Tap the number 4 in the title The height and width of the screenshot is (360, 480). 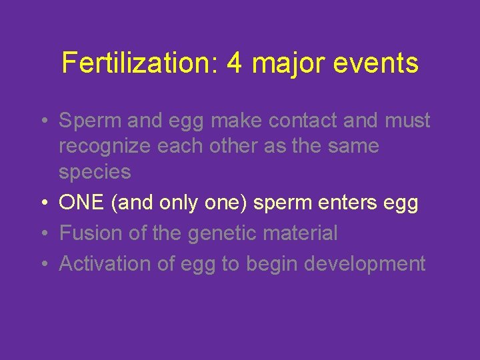(234, 63)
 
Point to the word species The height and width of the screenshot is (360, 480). (95, 173)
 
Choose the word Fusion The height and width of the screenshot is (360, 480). (90, 233)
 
